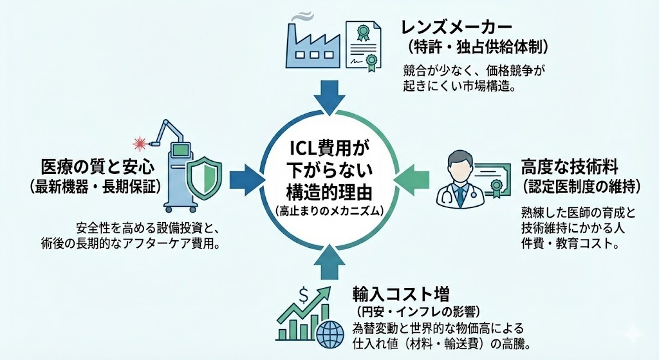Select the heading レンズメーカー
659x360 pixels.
pyautogui.click(x=457, y=27)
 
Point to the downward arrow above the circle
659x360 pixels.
pyautogui.click(x=329, y=97)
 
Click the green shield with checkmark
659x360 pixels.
pyautogui.click(x=204, y=175)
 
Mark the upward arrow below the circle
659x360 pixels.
pyautogui.click(x=329, y=260)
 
